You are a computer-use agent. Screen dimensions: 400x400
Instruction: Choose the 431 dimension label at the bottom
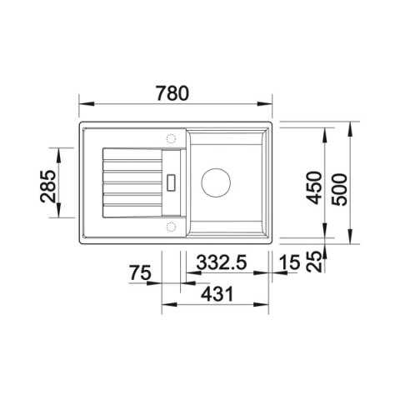[x=215, y=293]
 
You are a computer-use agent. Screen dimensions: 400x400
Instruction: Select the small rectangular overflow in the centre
[x=172, y=181]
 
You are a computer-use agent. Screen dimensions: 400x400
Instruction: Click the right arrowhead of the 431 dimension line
[x=269, y=305]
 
